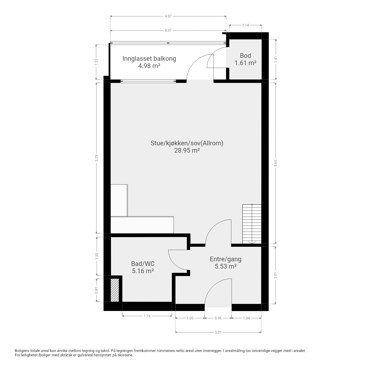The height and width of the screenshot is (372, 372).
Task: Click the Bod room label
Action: pos(245,56)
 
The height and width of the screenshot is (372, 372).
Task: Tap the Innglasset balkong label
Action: pos(149,58)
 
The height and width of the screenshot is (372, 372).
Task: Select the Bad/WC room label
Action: pos(143,264)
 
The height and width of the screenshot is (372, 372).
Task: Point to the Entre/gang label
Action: pos(226,259)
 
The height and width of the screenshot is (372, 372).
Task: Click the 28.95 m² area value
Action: pos(187,150)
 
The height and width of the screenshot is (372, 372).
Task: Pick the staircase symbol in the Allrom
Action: pos(252,224)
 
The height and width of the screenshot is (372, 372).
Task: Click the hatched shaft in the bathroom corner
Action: pos(115,290)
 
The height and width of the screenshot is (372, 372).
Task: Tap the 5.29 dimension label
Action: pos(97,158)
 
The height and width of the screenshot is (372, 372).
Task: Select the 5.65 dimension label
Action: pos(276,163)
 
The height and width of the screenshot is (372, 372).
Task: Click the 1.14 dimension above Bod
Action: pos(245,25)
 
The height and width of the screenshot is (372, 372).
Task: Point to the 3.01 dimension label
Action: pos(218,332)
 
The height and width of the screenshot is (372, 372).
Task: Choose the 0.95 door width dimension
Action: pos(218,318)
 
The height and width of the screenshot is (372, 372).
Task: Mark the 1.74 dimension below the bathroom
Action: pos(147,316)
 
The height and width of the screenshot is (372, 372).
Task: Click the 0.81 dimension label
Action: pos(97,290)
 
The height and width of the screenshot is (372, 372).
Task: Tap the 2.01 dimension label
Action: pos(276,276)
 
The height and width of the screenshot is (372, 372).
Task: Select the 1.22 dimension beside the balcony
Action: pos(97,62)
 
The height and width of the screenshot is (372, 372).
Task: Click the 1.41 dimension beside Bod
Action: pos(276,59)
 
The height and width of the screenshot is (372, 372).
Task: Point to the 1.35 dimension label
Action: pos(97,256)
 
